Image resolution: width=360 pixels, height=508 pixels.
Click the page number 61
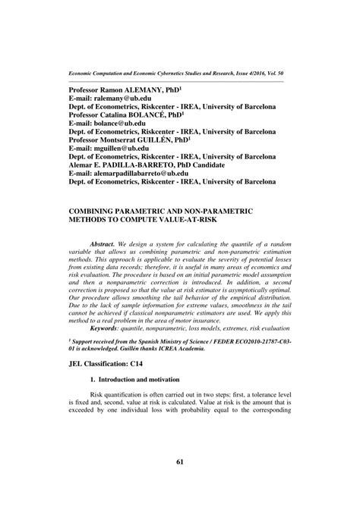180,483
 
